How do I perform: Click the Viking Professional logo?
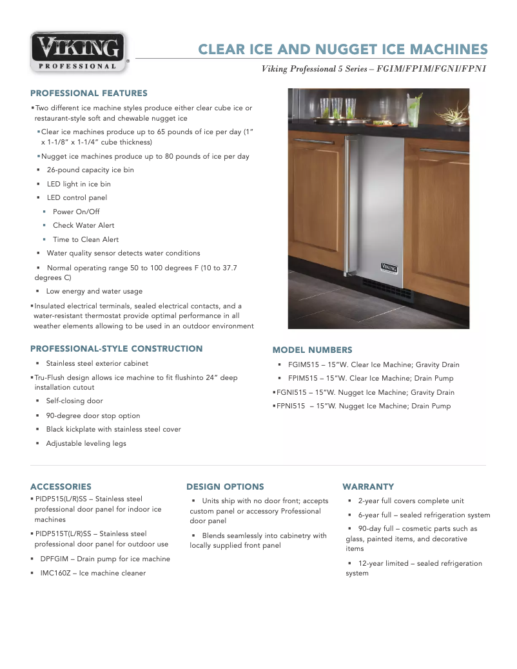[x=79, y=52]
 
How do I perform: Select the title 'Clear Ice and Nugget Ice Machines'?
[x=342, y=50]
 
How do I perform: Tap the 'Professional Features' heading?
[x=89, y=93]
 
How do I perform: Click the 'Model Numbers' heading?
[x=312, y=350]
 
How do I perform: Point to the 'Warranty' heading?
[x=368, y=486]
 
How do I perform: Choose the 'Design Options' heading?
[x=225, y=486]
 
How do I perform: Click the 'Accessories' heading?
[x=61, y=486]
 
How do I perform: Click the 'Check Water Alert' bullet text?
[x=83, y=225]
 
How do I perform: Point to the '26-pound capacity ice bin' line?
[x=90, y=170]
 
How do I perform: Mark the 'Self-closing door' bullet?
[x=74, y=401]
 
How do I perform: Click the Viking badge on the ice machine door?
[x=389, y=266]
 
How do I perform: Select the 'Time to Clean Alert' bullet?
[x=86, y=239]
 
